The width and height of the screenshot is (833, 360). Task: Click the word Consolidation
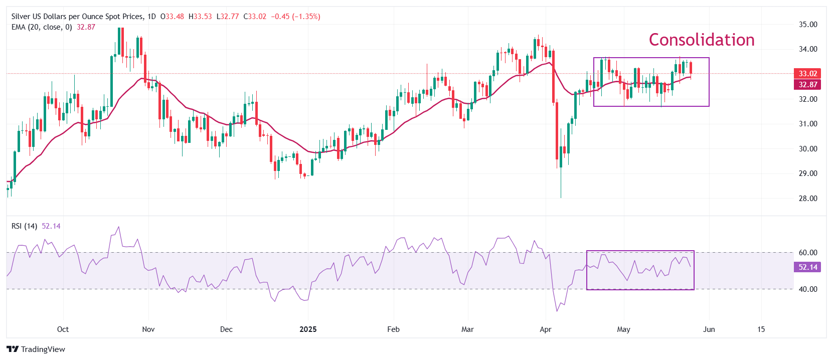(x=701, y=40)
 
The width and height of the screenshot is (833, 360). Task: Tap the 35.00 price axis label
(x=807, y=24)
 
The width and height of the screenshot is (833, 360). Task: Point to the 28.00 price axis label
(x=807, y=199)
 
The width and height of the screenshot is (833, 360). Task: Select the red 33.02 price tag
(x=807, y=74)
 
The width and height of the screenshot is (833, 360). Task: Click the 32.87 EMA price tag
(x=807, y=85)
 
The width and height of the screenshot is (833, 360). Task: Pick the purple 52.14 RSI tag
(x=807, y=267)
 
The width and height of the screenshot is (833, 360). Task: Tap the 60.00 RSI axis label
(x=807, y=253)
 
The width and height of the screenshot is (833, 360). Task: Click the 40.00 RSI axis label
(x=807, y=289)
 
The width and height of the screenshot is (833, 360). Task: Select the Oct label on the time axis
(x=63, y=329)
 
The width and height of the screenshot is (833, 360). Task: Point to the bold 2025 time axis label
(x=308, y=329)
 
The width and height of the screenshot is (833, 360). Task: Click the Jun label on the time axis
(x=709, y=329)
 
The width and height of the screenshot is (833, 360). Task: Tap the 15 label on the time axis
(x=761, y=329)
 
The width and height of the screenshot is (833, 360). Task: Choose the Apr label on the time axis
(x=545, y=329)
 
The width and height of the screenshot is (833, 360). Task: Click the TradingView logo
(x=36, y=349)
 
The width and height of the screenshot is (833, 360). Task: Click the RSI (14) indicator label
(x=24, y=226)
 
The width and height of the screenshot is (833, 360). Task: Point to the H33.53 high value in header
(x=200, y=17)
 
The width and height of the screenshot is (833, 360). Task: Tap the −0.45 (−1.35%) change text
(x=295, y=17)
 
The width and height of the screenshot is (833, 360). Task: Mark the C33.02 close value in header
(x=255, y=17)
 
